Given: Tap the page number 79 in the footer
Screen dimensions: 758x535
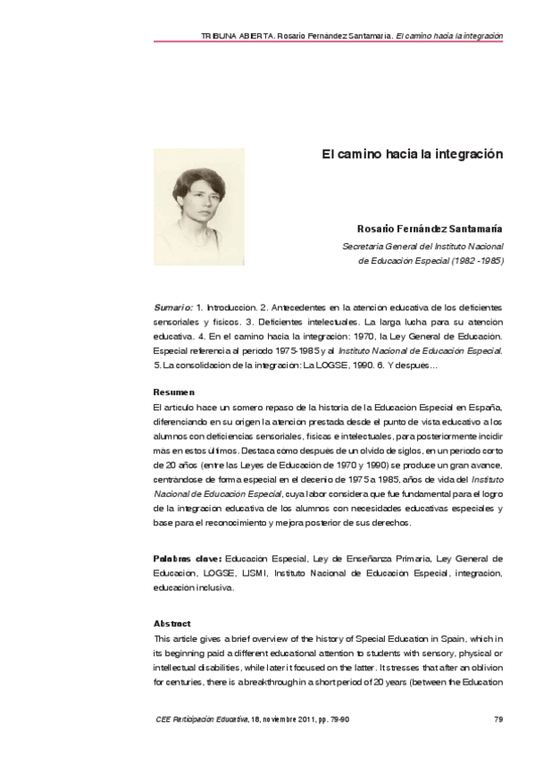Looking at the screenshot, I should (x=498, y=720).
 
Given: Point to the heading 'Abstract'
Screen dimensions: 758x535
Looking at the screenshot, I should (x=172, y=622).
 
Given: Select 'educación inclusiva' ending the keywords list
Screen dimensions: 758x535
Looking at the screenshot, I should (x=193, y=587).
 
